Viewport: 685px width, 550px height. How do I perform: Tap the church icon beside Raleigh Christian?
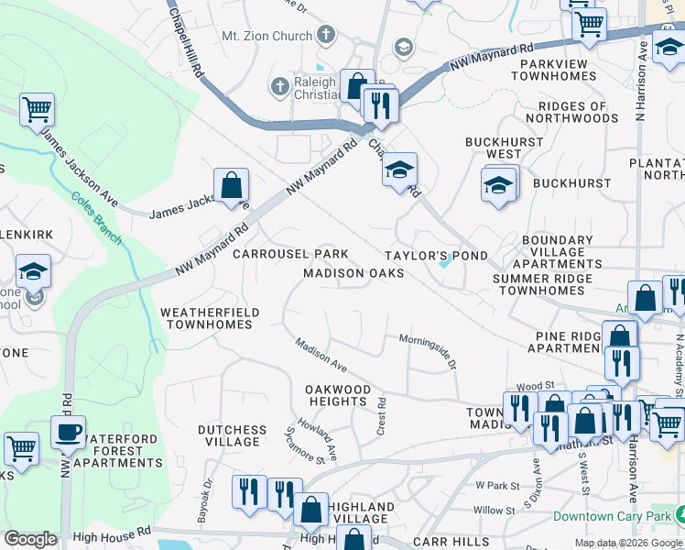(279, 85)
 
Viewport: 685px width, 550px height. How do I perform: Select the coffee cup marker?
(68, 432)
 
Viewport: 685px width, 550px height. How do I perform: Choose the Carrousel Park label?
(290, 253)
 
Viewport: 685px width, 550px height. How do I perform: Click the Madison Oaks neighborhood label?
(353, 273)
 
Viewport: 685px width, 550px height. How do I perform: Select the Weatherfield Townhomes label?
(210, 319)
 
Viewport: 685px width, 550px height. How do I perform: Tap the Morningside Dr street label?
(427, 349)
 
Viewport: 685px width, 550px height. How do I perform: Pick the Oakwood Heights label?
(338, 396)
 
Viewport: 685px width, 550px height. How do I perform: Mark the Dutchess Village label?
(233, 435)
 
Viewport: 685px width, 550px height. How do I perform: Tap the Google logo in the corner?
(30, 539)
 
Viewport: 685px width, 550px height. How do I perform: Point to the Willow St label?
(495, 510)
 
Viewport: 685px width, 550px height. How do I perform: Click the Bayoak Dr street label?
(205, 500)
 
